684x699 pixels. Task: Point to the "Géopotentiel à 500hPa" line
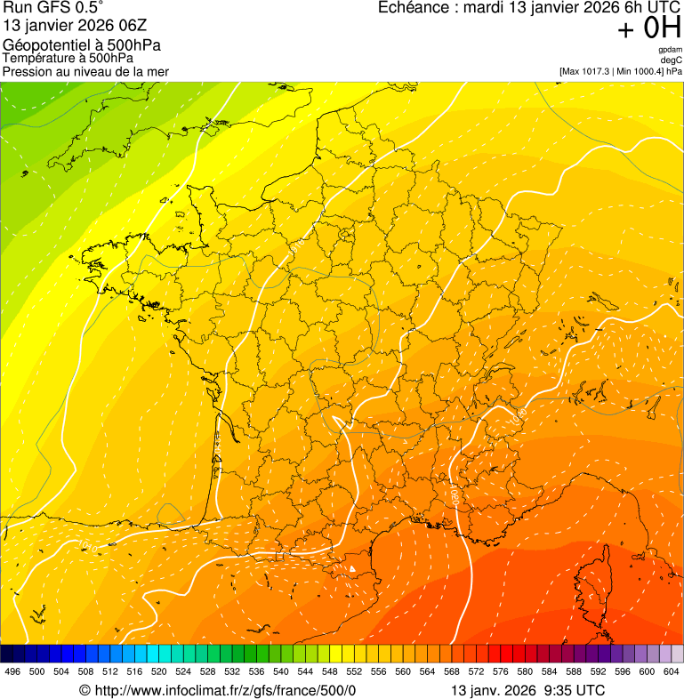coord(88,45)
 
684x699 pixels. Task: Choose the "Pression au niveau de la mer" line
coord(85,71)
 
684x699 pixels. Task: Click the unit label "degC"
coord(672,60)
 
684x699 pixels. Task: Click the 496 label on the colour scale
coord(12,672)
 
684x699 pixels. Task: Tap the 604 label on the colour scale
coord(672,672)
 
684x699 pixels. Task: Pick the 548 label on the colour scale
coord(329,672)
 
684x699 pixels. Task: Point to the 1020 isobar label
coord(454,494)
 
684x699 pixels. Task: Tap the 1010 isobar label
coord(87,546)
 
